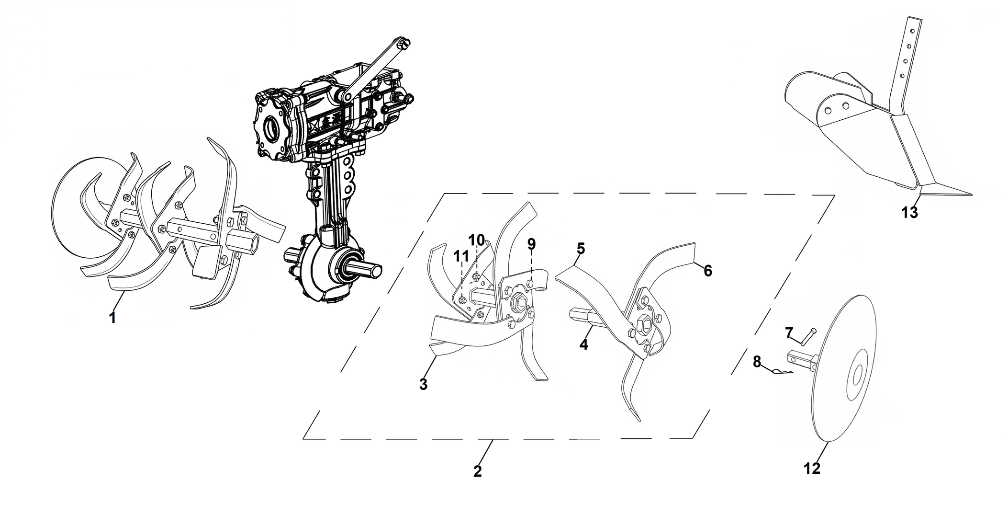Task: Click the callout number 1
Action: coord(112,317)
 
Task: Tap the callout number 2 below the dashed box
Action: coord(477,471)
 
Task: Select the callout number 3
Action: coord(423,384)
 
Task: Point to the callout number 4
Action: coord(583,344)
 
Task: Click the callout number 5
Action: coord(581,249)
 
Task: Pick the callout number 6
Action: coord(708,271)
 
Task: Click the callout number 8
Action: coord(757,362)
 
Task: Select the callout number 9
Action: coord(531,244)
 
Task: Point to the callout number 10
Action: coord(477,240)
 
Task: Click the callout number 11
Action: coord(461,257)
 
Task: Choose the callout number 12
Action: coord(812,468)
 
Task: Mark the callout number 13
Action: coord(910,212)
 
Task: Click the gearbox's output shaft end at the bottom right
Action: coord(376,271)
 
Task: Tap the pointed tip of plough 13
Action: coord(971,195)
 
